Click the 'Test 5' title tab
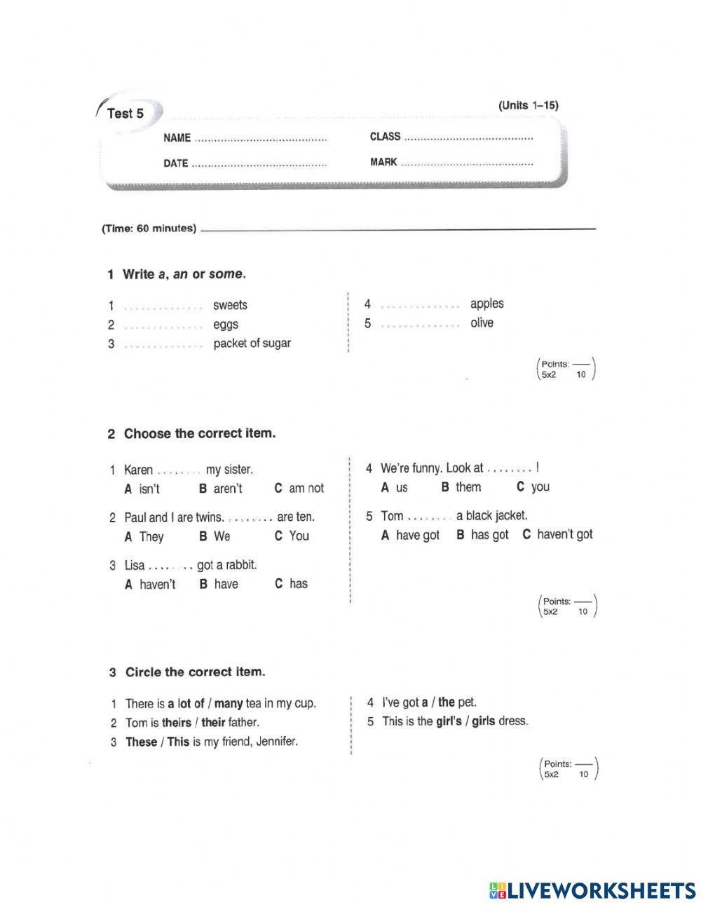click(x=125, y=114)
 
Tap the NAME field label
click(x=177, y=138)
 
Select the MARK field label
click(x=383, y=163)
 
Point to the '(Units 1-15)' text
click(x=528, y=105)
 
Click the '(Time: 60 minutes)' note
click(x=149, y=229)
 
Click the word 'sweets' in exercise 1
click(x=230, y=305)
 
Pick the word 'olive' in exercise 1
click(x=482, y=323)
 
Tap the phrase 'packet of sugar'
click(x=252, y=343)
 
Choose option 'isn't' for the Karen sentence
click(x=149, y=489)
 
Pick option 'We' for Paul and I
click(x=222, y=536)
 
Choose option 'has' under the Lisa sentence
click(x=298, y=584)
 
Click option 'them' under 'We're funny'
click(x=468, y=487)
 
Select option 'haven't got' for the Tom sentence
click(x=564, y=534)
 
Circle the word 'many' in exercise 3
click(x=228, y=703)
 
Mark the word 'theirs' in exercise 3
click(x=176, y=722)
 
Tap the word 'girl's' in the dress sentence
click(x=448, y=721)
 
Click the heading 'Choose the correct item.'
click(x=200, y=434)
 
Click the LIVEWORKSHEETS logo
click(x=592, y=890)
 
